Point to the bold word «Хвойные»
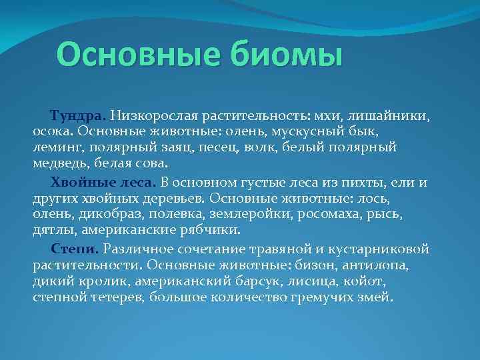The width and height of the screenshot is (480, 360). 78,181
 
